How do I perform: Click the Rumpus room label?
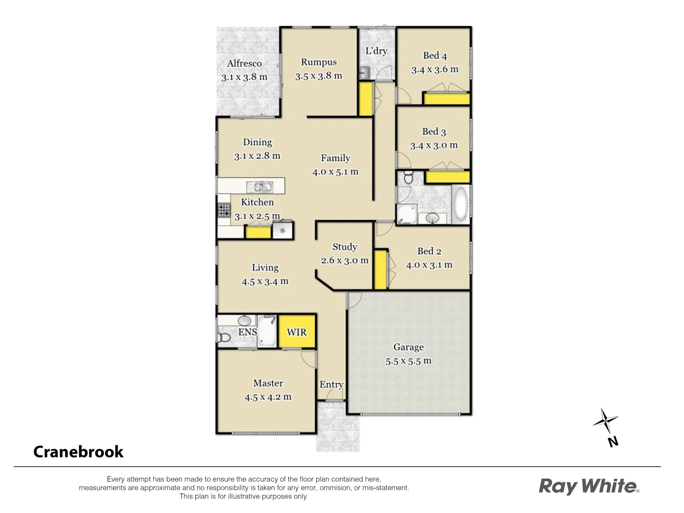319,62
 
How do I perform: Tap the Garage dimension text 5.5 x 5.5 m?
408,361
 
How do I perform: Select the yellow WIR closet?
297,332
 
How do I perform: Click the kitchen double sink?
259,187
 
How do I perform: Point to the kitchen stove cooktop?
224,210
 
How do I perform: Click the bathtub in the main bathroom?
460,205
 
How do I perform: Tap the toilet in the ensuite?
223,337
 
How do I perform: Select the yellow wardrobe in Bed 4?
446,99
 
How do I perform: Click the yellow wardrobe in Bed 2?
380,269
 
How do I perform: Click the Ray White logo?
589,486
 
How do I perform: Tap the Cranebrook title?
78,452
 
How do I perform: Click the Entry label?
331,385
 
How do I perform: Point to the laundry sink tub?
364,73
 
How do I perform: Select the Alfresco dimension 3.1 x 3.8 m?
244,77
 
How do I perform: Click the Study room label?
344,247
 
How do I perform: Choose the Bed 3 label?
434,132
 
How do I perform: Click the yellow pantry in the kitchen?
258,232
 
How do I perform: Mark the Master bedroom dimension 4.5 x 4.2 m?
268,397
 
